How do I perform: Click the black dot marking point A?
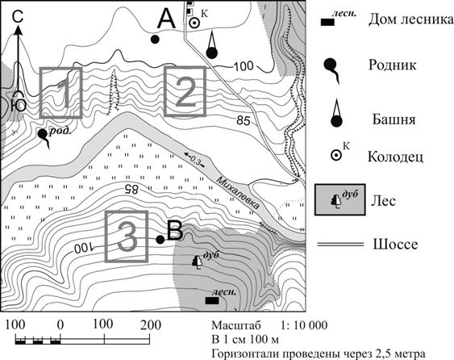click(155, 39)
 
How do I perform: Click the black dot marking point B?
click(160, 239)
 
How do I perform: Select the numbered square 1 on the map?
click(60, 93)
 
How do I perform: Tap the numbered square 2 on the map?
click(185, 91)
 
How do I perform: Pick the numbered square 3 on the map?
click(127, 237)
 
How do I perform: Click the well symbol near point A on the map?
click(194, 23)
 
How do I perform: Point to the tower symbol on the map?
click(211, 45)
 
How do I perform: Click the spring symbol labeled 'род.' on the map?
click(44, 138)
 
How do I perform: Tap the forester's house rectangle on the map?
click(212, 301)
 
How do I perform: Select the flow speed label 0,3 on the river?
click(195, 160)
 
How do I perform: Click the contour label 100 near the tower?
click(244, 66)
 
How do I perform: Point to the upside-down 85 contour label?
click(131, 189)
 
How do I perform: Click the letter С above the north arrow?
click(18, 18)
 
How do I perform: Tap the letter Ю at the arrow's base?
click(19, 105)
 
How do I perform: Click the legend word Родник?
click(393, 65)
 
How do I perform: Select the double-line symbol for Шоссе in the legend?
click(340, 245)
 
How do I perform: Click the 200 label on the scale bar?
click(151, 325)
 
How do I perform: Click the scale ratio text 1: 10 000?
click(304, 325)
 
